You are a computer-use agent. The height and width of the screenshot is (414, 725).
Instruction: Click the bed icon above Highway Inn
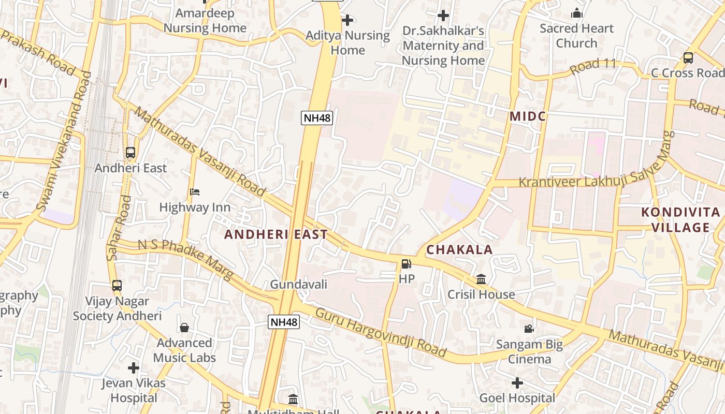195,192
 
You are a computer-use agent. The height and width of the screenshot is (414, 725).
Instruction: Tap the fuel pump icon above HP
407,264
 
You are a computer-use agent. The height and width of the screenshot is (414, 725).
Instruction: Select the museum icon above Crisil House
481,279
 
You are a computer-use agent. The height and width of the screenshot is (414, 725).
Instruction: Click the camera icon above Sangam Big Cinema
529,329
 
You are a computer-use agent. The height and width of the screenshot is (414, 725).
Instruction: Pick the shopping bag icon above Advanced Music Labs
184,328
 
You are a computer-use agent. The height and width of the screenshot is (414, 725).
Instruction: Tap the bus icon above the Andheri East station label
130,153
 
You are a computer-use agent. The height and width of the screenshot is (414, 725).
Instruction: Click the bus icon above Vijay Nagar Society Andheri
117,285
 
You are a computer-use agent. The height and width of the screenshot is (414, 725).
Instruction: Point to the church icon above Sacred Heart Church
576,13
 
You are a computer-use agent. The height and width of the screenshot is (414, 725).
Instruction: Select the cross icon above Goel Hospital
517,383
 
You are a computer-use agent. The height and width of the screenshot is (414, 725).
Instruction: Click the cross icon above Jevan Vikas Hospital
134,368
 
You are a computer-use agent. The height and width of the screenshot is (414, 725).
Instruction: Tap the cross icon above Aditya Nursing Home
347,20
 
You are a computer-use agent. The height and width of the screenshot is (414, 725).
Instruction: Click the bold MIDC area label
528,116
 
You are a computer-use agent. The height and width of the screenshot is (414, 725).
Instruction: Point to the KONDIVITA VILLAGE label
680,220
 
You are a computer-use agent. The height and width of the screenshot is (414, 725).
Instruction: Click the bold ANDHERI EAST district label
276,234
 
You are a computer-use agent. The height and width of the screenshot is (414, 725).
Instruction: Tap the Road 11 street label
593,66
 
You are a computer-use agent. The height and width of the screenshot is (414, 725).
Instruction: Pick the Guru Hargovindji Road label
381,332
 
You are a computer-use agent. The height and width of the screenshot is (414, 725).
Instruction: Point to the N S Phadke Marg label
185,260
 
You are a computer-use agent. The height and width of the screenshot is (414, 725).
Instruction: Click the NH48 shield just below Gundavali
284,322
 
